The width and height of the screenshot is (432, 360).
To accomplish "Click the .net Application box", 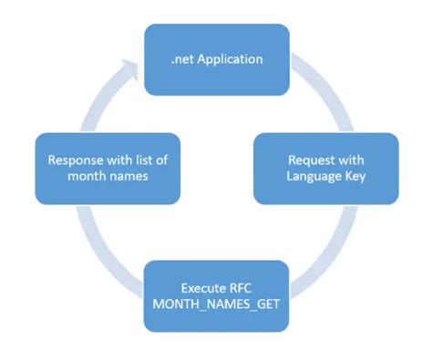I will tap(216, 60).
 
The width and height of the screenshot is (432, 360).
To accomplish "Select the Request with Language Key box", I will tap(325, 169).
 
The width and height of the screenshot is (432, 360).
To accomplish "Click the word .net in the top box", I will tap(181, 60).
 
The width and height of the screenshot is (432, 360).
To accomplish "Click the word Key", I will tap(354, 177).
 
